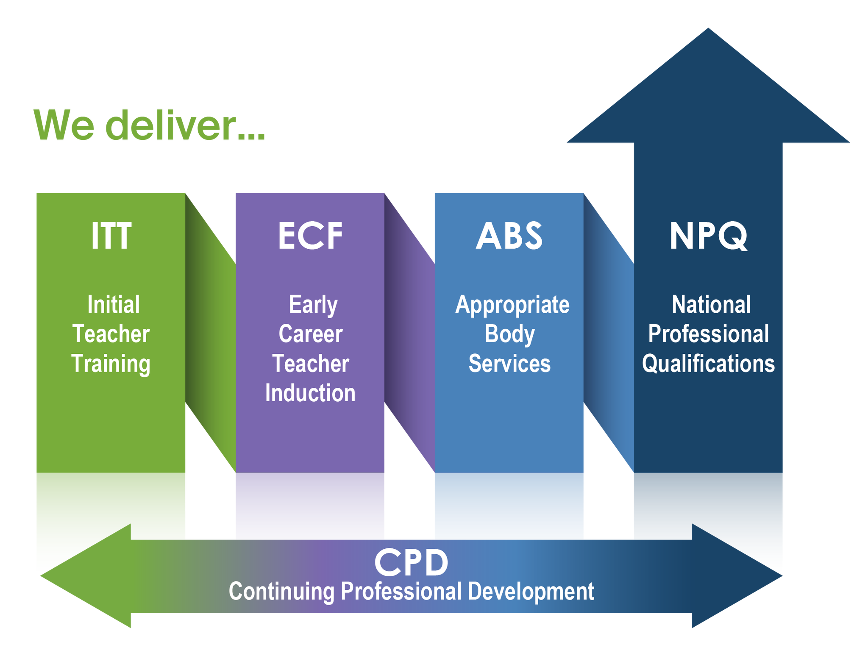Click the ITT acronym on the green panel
[111, 236]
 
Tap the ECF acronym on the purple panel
[310, 236]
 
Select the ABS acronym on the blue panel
[509, 236]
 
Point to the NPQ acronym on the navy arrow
[708, 236]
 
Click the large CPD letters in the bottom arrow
[411, 562]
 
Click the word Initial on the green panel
[114, 304]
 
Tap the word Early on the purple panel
[313, 305]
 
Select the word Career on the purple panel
[311, 334]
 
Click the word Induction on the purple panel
[310, 393]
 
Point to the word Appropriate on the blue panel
[512, 305]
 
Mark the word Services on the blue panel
[509, 364]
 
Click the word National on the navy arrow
[711, 304]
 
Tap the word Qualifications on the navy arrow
[708, 364]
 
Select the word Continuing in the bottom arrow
[281, 592]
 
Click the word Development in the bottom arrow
[531, 592]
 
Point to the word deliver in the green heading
[170, 125]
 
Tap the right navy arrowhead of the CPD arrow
[737, 575]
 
